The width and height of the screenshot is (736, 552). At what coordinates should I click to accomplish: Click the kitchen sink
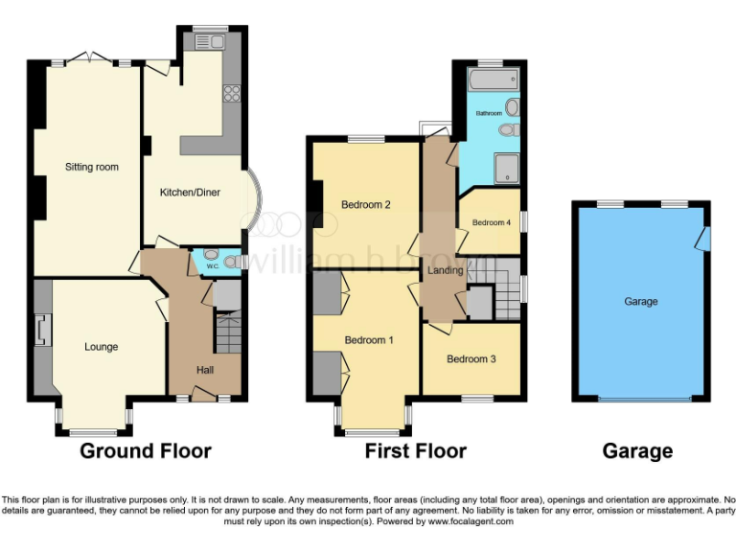tap(209, 41)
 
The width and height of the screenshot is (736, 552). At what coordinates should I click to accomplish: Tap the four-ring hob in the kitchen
tap(231, 93)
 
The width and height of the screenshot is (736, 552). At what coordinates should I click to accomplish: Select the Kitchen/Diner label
tap(190, 193)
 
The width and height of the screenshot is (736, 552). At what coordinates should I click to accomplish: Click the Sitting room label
tap(92, 167)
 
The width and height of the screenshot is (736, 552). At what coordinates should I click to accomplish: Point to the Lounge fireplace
tap(40, 332)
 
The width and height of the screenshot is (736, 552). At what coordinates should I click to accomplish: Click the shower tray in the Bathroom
tap(505, 169)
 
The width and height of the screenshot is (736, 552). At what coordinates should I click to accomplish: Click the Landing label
tap(446, 270)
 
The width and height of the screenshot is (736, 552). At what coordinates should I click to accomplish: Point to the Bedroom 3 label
tap(471, 359)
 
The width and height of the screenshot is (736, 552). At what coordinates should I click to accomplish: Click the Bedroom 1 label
tap(369, 340)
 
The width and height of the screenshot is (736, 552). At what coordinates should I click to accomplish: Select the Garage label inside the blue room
tap(641, 301)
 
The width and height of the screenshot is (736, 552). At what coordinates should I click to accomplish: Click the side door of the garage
tap(705, 236)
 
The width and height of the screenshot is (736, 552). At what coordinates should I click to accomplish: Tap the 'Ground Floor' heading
tap(145, 450)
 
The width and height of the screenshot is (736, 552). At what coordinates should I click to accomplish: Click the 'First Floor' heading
tap(415, 450)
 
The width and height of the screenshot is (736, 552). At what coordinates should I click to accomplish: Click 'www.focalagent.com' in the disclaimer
tap(470, 522)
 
